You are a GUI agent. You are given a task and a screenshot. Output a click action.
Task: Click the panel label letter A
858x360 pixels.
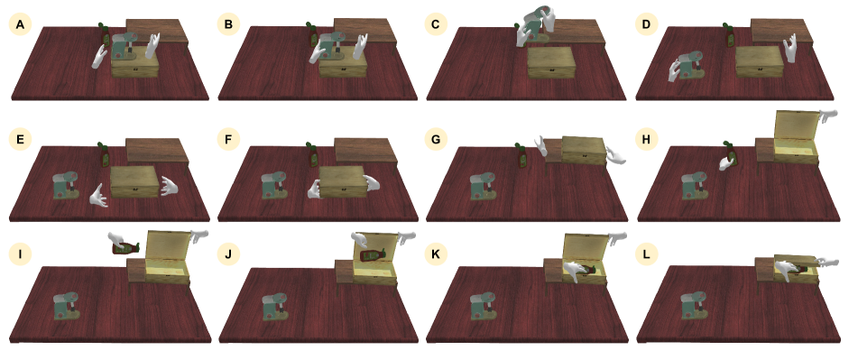(20, 24)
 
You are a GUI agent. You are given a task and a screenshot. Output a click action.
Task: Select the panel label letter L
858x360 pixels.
(647, 254)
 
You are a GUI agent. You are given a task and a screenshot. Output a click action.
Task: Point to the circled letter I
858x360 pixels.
(20, 254)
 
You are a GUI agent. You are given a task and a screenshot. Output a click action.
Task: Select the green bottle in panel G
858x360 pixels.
(521, 155)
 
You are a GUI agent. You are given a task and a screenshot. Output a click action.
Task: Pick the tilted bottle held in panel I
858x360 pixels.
(125, 248)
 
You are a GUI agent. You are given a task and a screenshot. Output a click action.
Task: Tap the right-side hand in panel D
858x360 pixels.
(789, 48)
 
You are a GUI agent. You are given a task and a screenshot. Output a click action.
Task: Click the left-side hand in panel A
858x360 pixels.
(99, 56)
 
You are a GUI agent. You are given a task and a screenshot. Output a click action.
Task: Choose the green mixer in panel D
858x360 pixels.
(692, 65)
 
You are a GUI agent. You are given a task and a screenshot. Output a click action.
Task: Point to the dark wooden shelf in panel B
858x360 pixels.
(365, 32)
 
